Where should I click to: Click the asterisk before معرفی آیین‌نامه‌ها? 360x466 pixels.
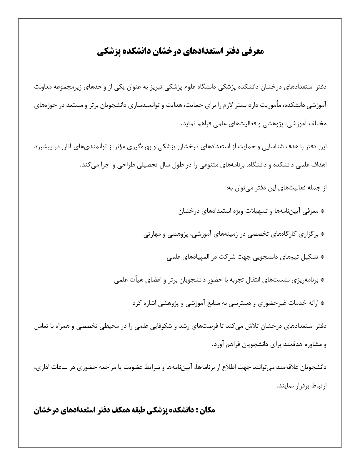[x=322, y=211]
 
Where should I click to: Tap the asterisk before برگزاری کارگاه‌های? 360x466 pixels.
[x=322, y=234]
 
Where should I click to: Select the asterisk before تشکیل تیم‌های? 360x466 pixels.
[x=322, y=257]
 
